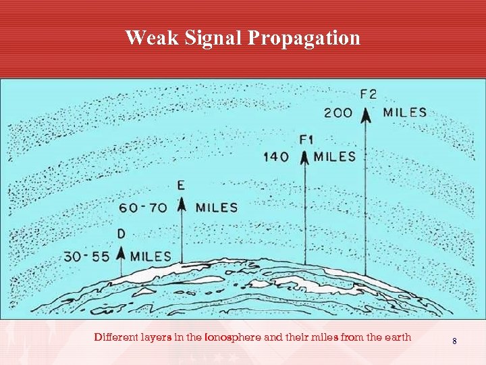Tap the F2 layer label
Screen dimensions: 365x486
coord(369,94)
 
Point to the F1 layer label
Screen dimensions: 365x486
coord(307,140)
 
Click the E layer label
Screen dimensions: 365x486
coord(181,185)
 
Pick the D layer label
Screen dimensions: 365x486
coord(122,234)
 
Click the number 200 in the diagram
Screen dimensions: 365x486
coord(338,113)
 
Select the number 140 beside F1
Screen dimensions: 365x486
coord(277,157)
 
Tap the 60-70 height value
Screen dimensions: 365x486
coord(143,208)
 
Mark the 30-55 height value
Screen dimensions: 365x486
coord(88,256)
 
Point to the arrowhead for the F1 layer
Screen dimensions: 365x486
coord(304,158)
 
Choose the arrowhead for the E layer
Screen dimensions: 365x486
coord(181,205)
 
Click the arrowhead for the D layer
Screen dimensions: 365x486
coord(122,253)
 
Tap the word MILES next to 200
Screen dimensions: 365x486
coord(405,113)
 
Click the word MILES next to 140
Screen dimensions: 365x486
coord(334,157)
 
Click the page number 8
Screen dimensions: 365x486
coord(454,341)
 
